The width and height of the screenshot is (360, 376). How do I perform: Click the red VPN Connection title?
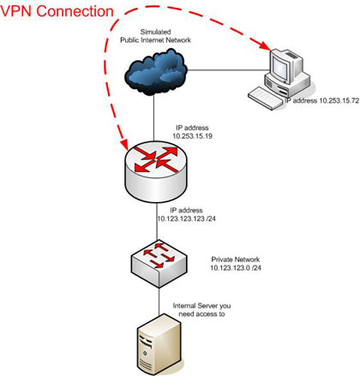(x=57, y=12)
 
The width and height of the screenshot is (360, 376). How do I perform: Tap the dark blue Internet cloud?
(x=156, y=71)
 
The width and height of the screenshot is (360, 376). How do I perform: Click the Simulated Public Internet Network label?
(x=155, y=36)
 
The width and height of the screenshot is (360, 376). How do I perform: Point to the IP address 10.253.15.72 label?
(x=321, y=100)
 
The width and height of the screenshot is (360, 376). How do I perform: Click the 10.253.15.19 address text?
(x=192, y=136)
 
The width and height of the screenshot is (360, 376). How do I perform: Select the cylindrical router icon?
(x=156, y=171)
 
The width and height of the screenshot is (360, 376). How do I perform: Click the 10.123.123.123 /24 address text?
(x=186, y=219)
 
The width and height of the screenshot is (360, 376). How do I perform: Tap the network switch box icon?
(x=159, y=264)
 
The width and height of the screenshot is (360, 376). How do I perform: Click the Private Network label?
(x=236, y=260)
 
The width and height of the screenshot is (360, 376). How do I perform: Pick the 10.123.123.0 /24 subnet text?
(x=236, y=268)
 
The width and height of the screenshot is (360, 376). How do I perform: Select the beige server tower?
(x=159, y=344)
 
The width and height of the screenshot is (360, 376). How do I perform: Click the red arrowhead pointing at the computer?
(x=264, y=45)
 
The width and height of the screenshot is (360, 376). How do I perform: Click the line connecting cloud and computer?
(x=229, y=69)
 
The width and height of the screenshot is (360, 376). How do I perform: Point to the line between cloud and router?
(x=153, y=117)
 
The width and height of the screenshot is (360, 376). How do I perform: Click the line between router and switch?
(x=157, y=221)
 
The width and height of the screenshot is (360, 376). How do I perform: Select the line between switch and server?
(x=159, y=301)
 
